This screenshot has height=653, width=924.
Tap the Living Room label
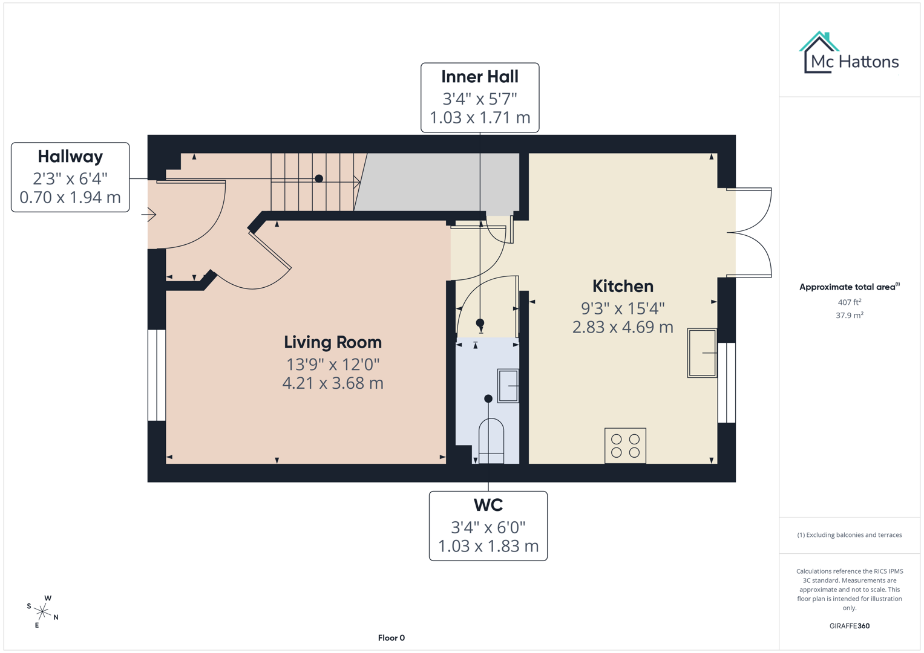(x=333, y=342)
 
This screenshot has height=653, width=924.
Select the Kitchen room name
(x=623, y=286)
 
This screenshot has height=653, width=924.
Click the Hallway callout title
(x=70, y=157)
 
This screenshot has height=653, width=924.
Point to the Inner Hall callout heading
(x=479, y=77)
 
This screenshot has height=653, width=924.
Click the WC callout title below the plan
(x=488, y=505)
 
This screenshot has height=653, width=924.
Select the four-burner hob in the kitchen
(x=625, y=446)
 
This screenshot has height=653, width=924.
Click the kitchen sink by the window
(x=702, y=353)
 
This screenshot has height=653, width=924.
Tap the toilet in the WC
(x=491, y=440)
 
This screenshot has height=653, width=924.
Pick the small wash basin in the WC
(x=508, y=385)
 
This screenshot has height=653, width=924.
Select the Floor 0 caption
(x=391, y=638)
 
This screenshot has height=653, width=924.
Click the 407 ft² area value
(x=849, y=302)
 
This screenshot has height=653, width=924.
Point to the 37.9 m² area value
(x=849, y=315)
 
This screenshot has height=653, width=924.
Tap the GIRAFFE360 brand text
(x=849, y=626)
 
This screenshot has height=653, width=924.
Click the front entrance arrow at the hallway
(x=149, y=214)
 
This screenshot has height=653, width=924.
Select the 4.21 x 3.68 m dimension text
(x=333, y=383)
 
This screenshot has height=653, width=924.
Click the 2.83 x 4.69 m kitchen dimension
(x=623, y=327)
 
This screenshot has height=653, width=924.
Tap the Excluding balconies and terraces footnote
(x=849, y=535)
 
